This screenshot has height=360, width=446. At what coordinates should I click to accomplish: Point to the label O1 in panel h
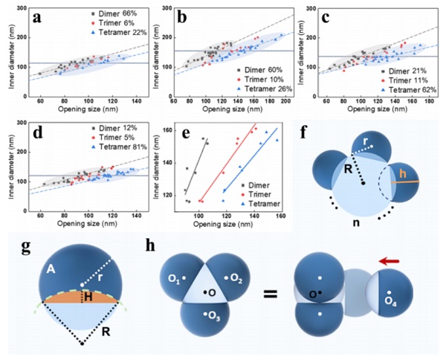173,278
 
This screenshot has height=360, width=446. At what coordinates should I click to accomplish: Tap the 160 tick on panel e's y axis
170,131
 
